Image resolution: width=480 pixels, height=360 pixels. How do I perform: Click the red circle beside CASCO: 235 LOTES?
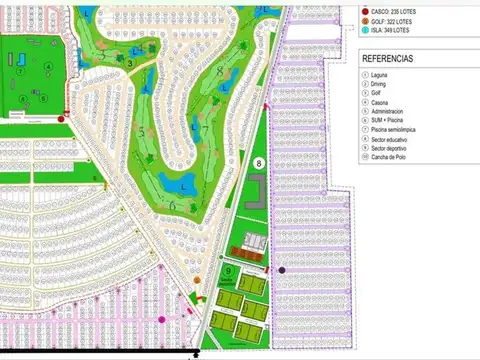[365, 11]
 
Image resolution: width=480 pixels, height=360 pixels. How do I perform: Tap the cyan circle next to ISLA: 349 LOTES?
[365, 30]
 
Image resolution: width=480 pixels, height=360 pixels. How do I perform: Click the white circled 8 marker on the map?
[258, 163]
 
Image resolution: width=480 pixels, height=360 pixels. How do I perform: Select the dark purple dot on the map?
[282, 270]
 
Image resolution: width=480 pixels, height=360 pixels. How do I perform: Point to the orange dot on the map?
[197, 281]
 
